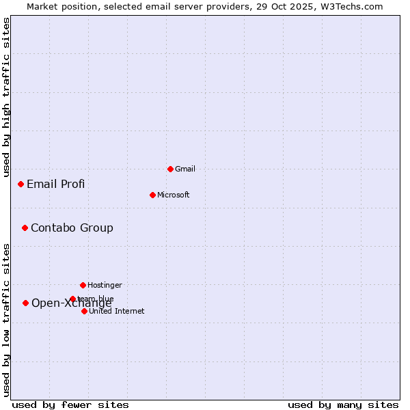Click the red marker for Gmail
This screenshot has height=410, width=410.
pos(170,169)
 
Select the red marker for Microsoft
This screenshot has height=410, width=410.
pos(152,195)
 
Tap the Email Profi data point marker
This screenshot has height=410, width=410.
pos(21,184)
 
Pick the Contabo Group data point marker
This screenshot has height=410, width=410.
pos(25,228)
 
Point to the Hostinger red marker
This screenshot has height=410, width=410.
pos(83,285)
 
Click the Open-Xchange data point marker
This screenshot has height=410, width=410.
pos(26,303)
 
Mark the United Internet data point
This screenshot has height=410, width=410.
pos(84,311)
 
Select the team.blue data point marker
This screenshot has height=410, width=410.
pos(72,299)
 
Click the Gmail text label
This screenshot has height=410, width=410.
pos(185,169)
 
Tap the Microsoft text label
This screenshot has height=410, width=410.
pos(174,195)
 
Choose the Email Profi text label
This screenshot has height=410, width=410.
pos(56,184)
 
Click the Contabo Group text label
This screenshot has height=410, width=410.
pos(72,228)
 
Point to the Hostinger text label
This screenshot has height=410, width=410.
pos(105,285)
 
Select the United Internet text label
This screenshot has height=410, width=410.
pos(116,311)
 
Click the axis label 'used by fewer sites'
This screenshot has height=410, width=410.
pos(70,405)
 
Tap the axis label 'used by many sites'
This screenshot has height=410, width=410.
pos(343,405)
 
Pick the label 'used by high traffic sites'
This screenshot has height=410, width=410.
pos(7,97)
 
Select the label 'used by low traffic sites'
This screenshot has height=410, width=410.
pos(7,320)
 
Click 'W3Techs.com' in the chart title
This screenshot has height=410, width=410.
pos(353,6)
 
